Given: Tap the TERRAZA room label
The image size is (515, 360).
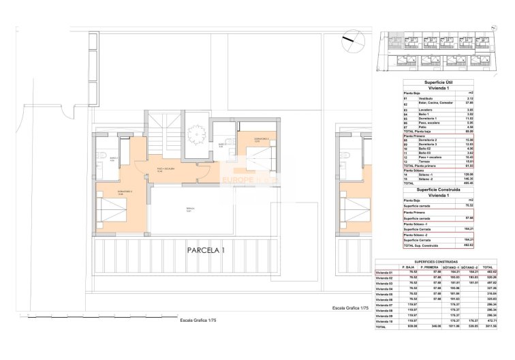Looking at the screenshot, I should [x=190, y=209].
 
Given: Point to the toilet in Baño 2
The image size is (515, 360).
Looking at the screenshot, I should [x=101, y=155].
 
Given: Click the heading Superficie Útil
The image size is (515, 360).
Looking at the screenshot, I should [x=436, y=82].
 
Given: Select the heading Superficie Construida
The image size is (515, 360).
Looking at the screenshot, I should [x=436, y=189].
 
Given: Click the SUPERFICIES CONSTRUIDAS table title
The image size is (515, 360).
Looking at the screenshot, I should [x=436, y=261].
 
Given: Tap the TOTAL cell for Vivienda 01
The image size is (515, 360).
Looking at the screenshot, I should [x=488, y=272].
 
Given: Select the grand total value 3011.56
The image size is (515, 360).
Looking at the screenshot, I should [x=488, y=327].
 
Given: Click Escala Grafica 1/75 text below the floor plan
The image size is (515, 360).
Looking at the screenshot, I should [x=198, y=318].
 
